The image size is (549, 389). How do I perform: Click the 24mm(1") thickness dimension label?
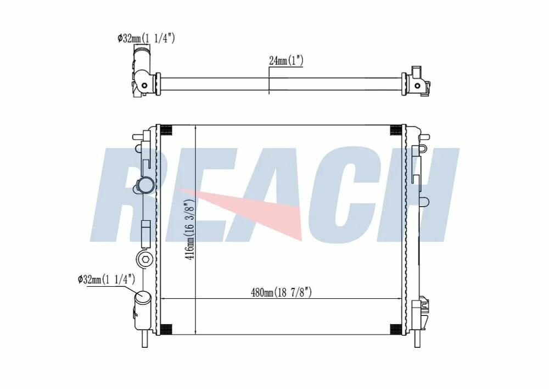(285, 60)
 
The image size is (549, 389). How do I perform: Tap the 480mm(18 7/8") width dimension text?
(281, 292)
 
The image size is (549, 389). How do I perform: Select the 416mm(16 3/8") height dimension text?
(189, 230)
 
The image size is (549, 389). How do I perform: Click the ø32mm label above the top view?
(146, 38)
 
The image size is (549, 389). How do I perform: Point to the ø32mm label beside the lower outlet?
(106, 279)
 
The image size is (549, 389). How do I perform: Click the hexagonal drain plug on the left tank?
(144, 260)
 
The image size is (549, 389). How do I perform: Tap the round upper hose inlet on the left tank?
(144, 185)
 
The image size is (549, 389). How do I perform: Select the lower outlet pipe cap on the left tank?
(143, 297)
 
